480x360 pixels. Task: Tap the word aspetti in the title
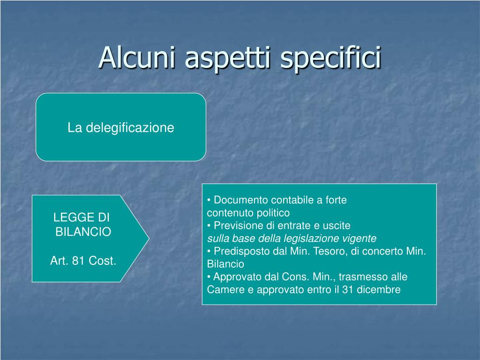click(x=228, y=59)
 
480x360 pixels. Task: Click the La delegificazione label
click(x=121, y=127)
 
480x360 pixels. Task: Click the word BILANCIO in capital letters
click(x=83, y=232)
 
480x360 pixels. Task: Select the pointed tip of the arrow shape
click(x=149, y=239)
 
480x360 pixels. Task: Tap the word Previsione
click(x=238, y=225)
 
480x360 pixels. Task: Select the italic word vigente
click(x=360, y=239)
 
